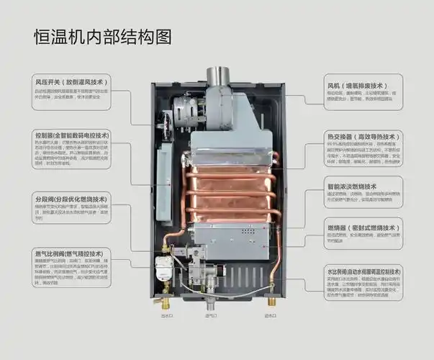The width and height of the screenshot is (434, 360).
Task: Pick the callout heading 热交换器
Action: pos(360,135)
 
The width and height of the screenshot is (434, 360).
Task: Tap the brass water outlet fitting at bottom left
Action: pos(167,302)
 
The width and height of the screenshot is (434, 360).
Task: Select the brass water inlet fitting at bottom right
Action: pos(271,302)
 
